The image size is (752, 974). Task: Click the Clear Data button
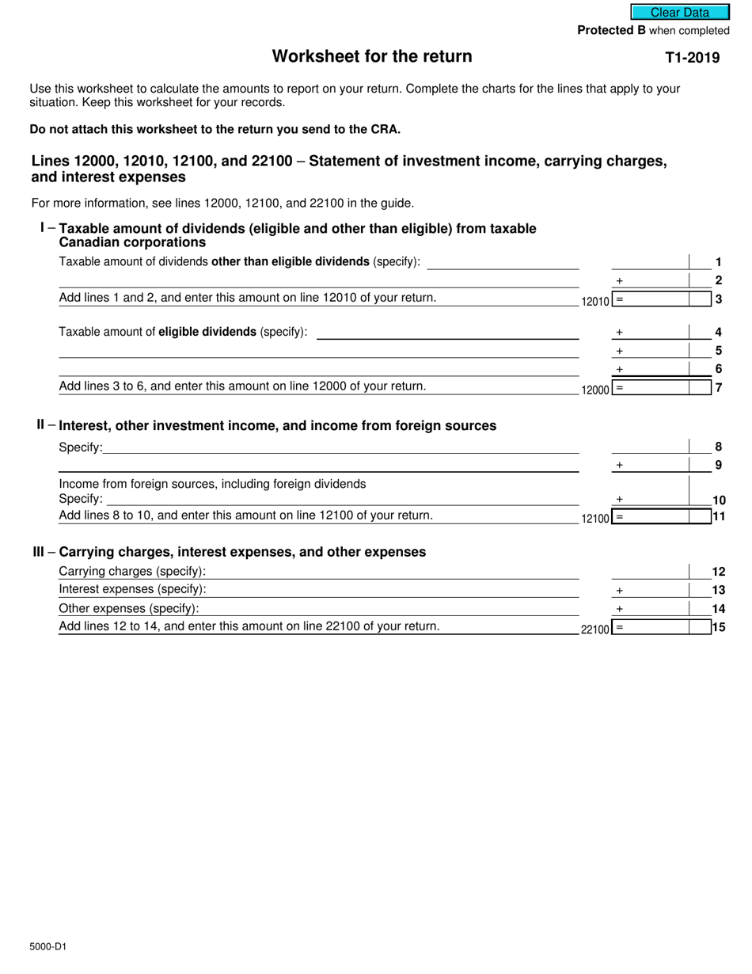click(680, 12)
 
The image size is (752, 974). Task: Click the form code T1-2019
click(692, 57)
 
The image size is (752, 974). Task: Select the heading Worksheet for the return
click(372, 56)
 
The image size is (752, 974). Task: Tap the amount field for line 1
click(650, 262)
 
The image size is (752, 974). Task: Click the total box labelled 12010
click(661, 300)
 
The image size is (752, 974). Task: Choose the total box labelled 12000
click(661, 388)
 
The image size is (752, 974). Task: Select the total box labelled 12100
click(661, 517)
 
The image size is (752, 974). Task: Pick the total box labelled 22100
click(661, 628)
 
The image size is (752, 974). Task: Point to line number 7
click(718, 388)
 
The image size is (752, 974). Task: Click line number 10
click(718, 500)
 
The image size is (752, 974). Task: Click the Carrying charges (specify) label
click(132, 571)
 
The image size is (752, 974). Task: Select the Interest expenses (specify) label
click(132, 589)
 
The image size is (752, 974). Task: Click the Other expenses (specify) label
click(129, 608)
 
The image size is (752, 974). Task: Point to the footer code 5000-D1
click(48, 945)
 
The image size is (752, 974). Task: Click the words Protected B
click(611, 30)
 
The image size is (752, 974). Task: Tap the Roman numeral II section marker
click(40, 424)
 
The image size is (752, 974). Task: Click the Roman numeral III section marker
click(39, 551)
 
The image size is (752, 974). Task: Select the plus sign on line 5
click(619, 351)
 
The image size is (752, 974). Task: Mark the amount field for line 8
click(650, 447)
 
